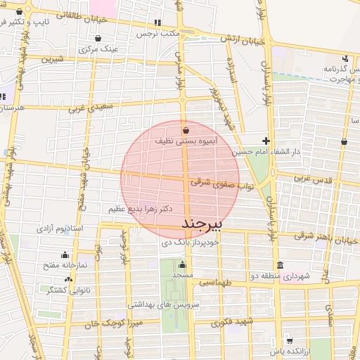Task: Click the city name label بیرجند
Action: pos(202,224)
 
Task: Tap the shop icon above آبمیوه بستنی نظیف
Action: pos(186,130)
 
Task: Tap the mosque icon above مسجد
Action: pos(182,265)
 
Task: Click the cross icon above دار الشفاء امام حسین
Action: pos(265,141)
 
